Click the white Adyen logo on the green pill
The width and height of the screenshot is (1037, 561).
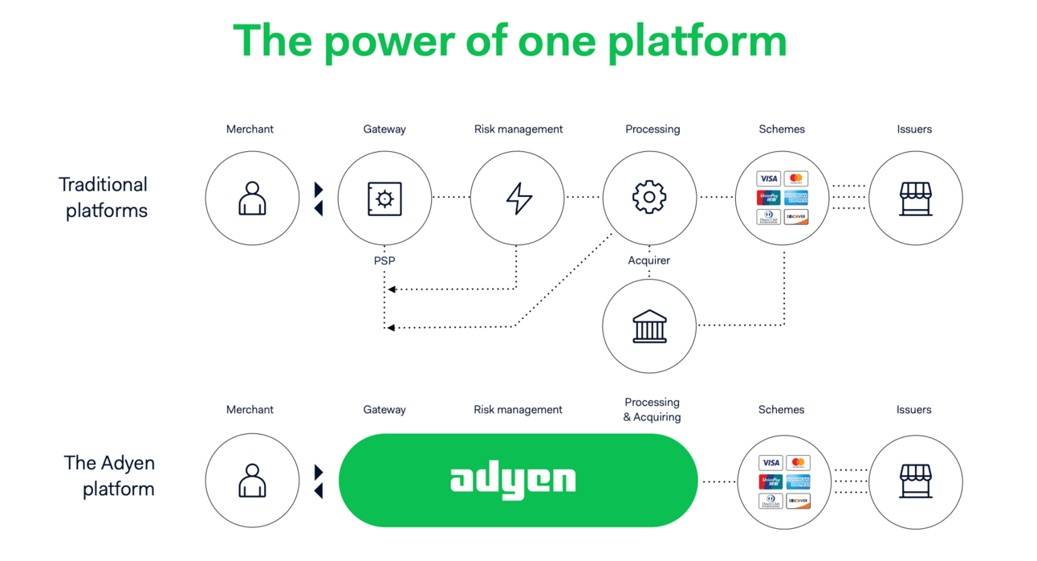[x=513, y=480]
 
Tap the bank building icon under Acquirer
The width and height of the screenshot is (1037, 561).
[x=649, y=326]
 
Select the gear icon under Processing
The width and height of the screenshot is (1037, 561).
[x=649, y=197]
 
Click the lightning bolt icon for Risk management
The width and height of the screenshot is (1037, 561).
[x=518, y=198]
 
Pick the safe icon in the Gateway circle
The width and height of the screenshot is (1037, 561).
[x=384, y=199]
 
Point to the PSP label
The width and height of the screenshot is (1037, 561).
[x=384, y=260]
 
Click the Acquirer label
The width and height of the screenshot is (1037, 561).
[x=649, y=260]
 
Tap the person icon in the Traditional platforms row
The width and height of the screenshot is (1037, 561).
[x=252, y=198]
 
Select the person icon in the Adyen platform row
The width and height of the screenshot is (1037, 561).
[x=252, y=480]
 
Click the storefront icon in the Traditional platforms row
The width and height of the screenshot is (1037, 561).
[x=915, y=199]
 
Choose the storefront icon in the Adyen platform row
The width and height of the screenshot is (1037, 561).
[x=915, y=481]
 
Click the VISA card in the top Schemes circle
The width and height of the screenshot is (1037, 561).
[x=768, y=178]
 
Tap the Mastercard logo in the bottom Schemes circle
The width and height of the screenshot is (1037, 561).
[x=798, y=463]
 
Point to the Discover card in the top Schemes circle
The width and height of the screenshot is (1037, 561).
[x=796, y=217]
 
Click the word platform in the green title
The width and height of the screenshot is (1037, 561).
[x=697, y=41]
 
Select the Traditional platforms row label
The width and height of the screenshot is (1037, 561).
[x=104, y=198]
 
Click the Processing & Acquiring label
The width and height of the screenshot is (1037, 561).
[x=652, y=409]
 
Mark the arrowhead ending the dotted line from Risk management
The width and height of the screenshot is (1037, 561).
[x=392, y=289]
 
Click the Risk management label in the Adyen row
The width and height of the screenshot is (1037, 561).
[x=518, y=410]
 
